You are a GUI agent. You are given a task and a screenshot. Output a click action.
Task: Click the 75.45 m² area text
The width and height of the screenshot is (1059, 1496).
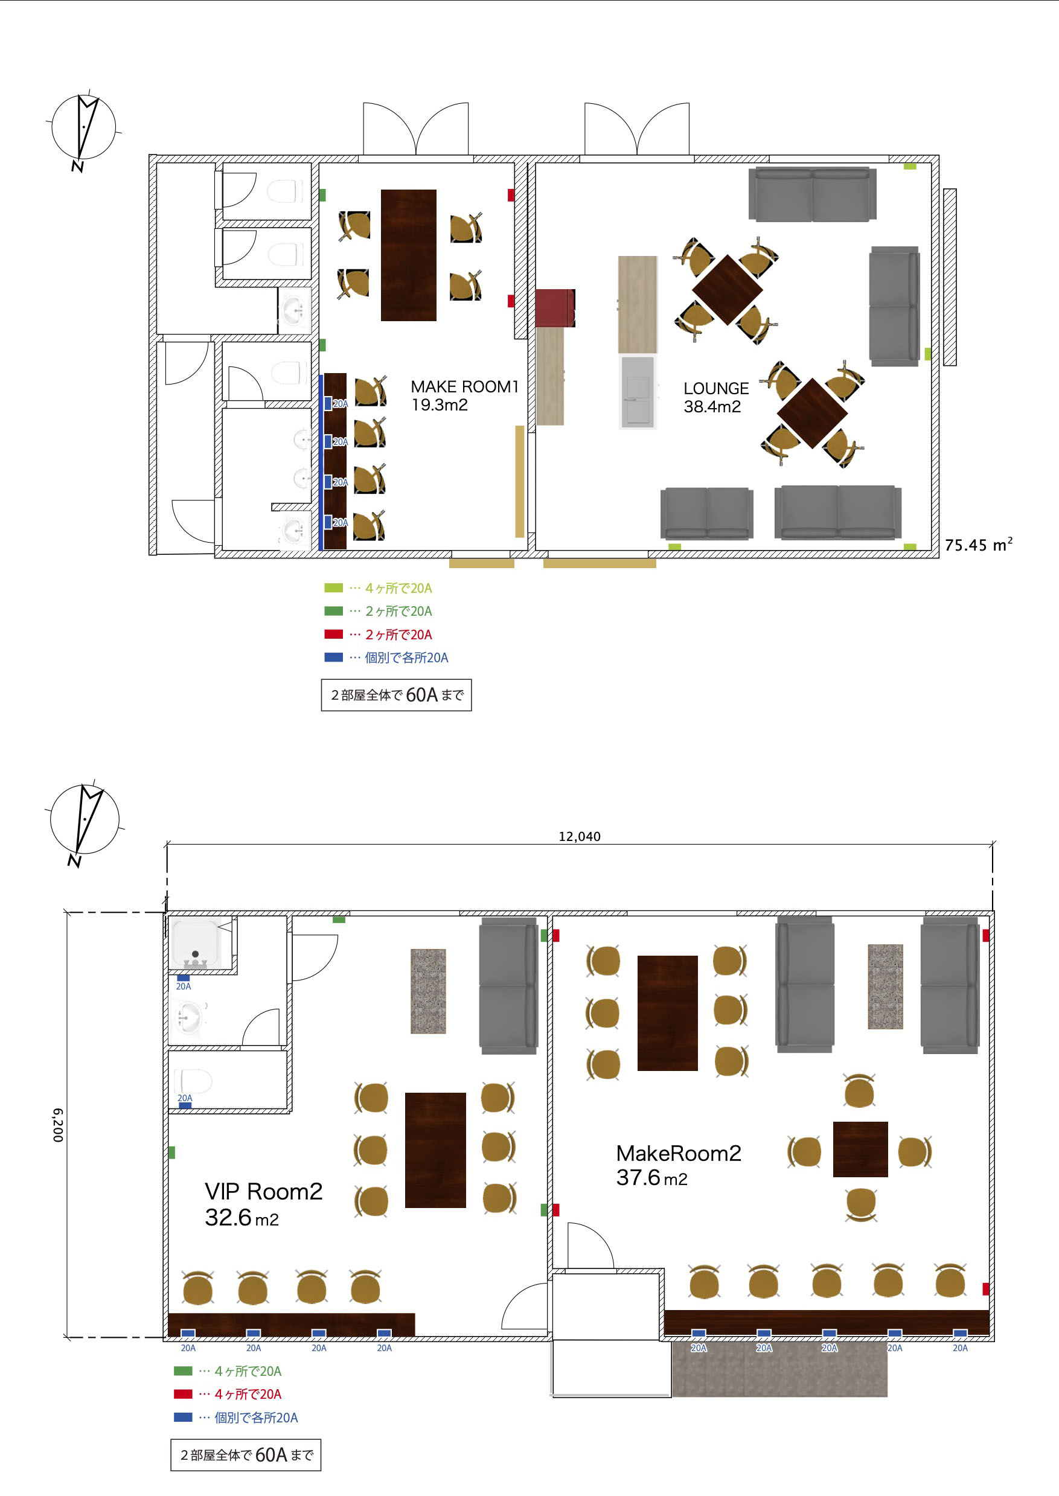pos(978,545)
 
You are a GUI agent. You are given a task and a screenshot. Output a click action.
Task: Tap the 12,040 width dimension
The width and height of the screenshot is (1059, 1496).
pos(579,836)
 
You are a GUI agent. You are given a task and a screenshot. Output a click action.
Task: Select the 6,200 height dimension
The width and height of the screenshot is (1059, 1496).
pos(58,1125)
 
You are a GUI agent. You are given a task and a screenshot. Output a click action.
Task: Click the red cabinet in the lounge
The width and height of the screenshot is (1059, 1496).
pos(555,308)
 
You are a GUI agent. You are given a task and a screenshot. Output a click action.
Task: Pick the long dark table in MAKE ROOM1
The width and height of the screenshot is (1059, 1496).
pos(408,255)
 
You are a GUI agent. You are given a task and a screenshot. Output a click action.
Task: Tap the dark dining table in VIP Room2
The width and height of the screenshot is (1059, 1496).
pos(435,1150)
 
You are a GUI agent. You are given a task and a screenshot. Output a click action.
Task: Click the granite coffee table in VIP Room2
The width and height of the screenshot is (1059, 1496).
pos(428,991)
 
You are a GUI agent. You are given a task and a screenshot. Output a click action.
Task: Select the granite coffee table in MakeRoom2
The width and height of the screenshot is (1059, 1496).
pos(885,986)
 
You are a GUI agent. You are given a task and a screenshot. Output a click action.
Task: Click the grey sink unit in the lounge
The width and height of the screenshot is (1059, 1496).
pos(637,392)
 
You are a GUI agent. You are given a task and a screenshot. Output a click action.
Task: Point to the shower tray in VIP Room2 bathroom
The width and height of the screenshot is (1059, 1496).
pos(195,942)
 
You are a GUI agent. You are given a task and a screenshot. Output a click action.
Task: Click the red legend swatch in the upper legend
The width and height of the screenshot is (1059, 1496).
pos(333,635)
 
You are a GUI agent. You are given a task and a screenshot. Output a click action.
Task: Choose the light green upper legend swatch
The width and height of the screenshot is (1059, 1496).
pos(333,588)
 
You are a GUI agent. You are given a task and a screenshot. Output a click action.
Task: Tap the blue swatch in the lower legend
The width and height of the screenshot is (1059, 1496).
pos(182,1417)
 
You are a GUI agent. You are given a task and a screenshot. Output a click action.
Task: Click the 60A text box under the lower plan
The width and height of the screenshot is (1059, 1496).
pos(246,1455)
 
